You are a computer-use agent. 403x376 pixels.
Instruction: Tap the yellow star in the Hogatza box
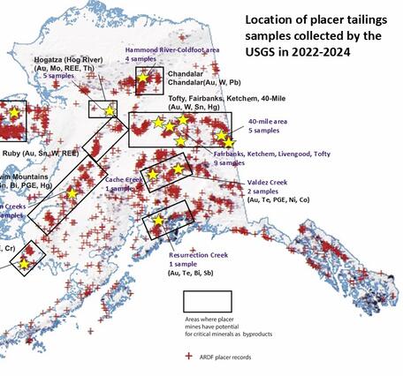point(110,110)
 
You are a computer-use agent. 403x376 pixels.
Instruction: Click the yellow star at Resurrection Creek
point(157,220)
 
